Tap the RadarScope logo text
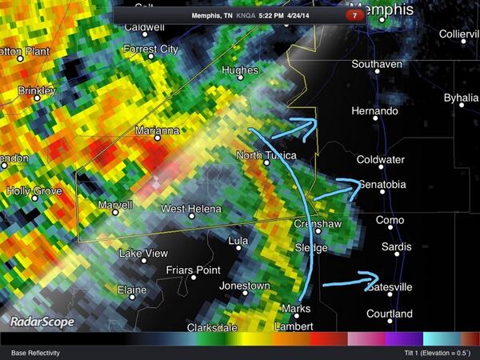(42, 322)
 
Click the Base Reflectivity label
(35, 352)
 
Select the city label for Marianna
(156, 130)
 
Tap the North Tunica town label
(266, 155)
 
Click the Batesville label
(389, 286)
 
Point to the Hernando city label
(374, 110)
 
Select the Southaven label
(376, 64)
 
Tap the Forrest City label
(149, 49)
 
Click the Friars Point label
(191, 270)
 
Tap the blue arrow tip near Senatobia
(357, 184)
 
